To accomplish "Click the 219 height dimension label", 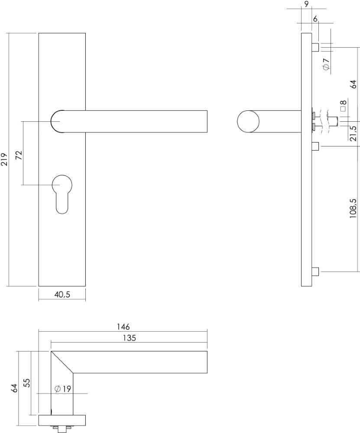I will click(4, 159).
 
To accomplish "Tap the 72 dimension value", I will click(19, 155).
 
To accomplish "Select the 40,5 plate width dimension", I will click(62, 294).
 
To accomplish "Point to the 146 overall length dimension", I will click(123, 326).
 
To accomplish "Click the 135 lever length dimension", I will click(129, 338).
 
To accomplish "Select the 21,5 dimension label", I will click(353, 133).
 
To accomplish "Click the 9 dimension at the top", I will click(306, 5).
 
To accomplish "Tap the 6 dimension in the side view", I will click(315, 19).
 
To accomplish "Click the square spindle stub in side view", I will click(334, 120).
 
